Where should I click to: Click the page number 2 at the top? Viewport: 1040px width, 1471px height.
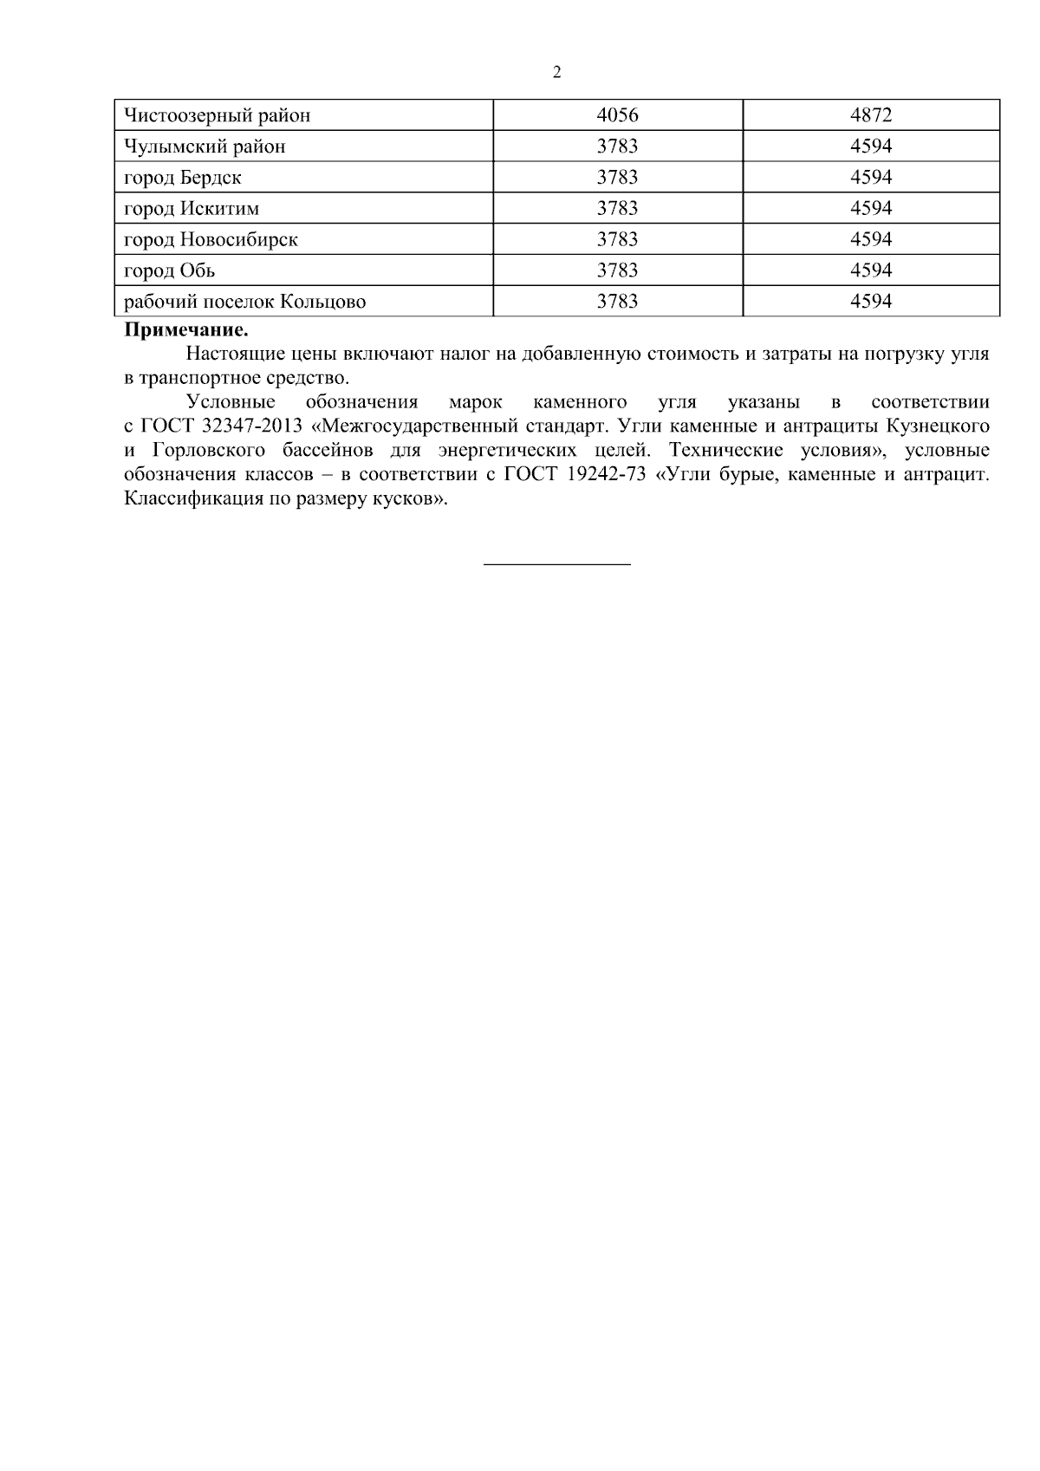coord(556,73)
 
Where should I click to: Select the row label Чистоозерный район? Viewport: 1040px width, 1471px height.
coord(217,115)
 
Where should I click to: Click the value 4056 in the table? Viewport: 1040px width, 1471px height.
coord(617,115)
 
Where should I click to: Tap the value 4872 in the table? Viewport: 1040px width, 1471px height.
coord(870,115)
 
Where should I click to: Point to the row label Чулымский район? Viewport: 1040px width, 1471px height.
coord(205,146)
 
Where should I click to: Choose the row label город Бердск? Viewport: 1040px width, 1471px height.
coord(183,178)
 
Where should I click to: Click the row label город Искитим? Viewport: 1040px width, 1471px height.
coord(192,209)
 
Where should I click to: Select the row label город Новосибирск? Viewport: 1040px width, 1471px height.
coord(211,240)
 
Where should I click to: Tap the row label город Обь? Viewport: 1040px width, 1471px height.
coord(170,271)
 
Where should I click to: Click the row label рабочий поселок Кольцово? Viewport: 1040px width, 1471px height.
coord(244,303)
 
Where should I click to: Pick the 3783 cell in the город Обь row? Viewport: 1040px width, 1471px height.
coord(617,271)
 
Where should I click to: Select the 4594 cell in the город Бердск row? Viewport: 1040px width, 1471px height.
coord(870,178)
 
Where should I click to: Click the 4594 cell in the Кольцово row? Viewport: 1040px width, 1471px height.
coord(870,303)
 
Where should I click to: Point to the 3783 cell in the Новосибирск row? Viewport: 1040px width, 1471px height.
coord(617,240)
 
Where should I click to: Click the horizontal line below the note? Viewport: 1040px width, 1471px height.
coord(556,565)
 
